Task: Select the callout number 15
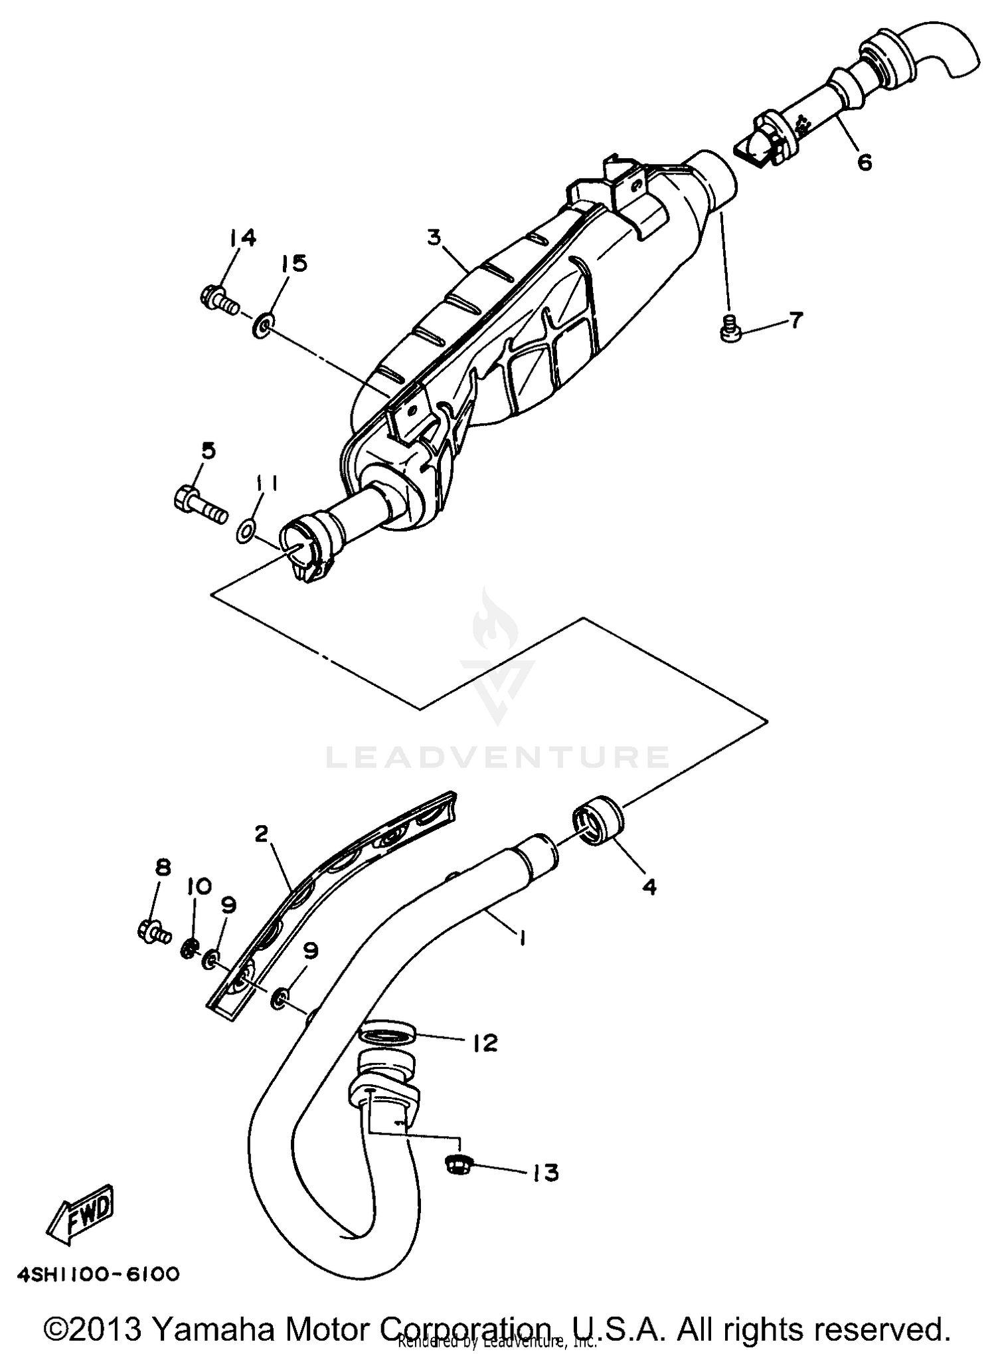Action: (x=293, y=263)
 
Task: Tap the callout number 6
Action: (x=865, y=161)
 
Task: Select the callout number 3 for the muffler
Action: (x=434, y=237)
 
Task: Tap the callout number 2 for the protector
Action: (x=261, y=833)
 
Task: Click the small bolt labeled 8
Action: (x=154, y=931)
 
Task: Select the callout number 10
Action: (x=199, y=886)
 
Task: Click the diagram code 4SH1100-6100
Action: (x=98, y=1274)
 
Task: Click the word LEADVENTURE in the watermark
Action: (x=497, y=757)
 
